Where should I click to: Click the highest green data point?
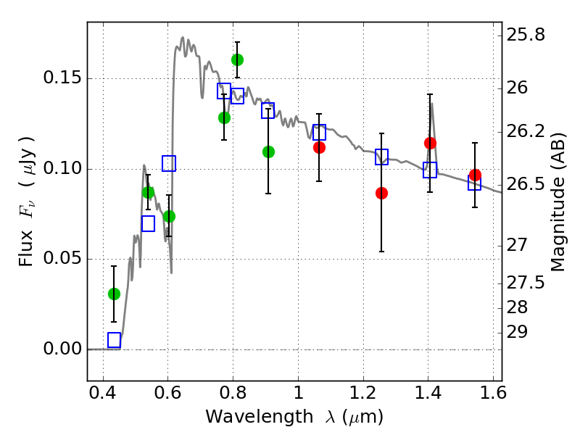tap(237, 59)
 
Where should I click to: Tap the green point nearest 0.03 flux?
tap(114, 294)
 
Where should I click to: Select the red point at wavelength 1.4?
tap(430, 143)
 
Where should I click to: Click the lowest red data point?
tap(381, 193)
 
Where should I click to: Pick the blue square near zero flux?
tap(114, 340)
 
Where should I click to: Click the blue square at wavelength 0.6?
tap(169, 163)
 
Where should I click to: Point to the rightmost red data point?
tap(475, 175)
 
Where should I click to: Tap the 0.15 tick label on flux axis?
tap(63, 79)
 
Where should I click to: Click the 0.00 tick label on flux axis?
tap(63, 349)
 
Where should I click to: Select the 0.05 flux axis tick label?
tap(63, 260)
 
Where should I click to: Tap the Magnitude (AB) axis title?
tap(558, 202)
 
